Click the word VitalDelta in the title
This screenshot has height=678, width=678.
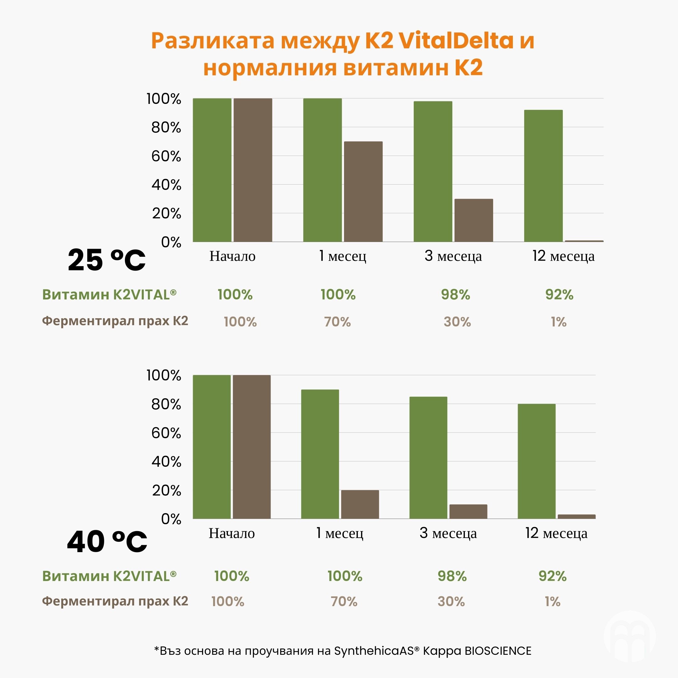(456, 41)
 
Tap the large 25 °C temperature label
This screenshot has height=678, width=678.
(106, 260)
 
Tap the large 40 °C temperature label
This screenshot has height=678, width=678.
(107, 541)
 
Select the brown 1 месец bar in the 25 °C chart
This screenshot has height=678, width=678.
(363, 191)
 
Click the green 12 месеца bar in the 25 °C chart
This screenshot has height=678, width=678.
(543, 176)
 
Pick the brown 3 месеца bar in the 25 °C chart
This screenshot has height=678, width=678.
(473, 220)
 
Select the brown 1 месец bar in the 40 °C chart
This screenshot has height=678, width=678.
(360, 504)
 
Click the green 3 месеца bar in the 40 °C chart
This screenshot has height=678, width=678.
(428, 458)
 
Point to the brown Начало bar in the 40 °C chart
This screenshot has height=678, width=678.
(252, 447)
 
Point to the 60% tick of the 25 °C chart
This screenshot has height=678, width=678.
(166, 156)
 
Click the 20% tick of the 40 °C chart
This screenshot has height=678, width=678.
(166, 490)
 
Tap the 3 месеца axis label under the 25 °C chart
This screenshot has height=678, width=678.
(453, 256)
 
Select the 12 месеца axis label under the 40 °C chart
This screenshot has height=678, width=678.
(556, 533)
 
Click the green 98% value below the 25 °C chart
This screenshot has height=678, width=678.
(455, 294)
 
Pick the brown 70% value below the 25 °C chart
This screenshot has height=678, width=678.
(337, 322)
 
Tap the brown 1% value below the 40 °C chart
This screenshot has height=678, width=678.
(552, 601)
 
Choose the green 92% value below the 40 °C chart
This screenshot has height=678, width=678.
(552, 576)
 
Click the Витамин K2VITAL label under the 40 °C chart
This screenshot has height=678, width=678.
(109, 576)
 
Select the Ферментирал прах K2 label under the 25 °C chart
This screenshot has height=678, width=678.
(115, 321)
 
